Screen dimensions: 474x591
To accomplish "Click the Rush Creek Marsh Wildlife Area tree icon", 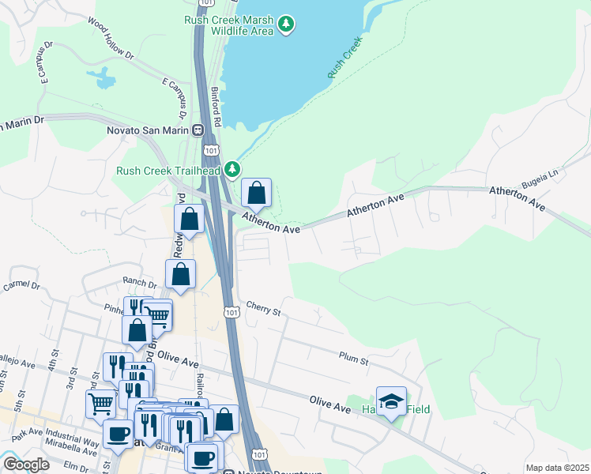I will (x=285, y=25).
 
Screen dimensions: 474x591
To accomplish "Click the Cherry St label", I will (x=264, y=308).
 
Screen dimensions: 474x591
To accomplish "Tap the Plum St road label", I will (x=353, y=360).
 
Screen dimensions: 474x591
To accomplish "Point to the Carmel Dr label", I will (x=21, y=285).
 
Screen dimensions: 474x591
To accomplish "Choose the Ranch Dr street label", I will (x=138, y=280).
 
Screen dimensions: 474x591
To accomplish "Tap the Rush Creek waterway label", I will (x=345, y=57).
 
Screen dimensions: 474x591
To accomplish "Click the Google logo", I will (x=25, y=465).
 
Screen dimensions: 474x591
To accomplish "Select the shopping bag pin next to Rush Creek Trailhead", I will (x=257, y=192).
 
